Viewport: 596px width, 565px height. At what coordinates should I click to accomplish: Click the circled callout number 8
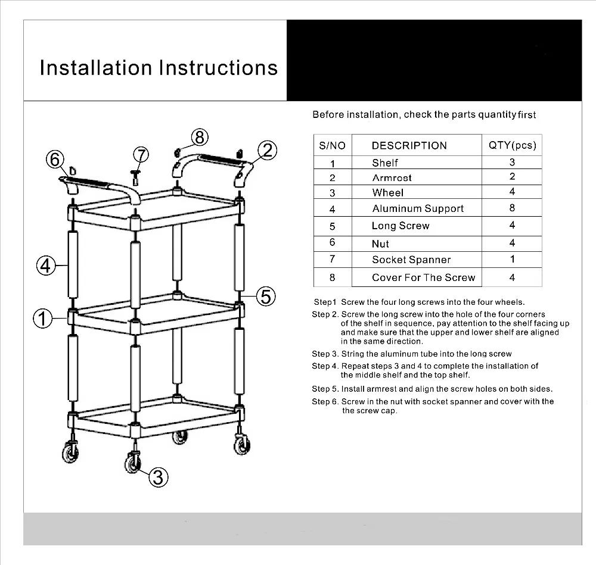tap(199, 138)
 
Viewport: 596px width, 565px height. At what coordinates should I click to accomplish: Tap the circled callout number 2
tap(268, 150)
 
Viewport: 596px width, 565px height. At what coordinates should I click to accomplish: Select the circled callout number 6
tap(55, 160)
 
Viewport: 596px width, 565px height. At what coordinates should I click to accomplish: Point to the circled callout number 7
tap(140, 155)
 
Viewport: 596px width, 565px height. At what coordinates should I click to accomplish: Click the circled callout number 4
tap(46, 266)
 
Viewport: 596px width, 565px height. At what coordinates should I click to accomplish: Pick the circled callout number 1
tap(42, 319)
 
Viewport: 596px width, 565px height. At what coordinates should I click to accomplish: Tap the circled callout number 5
tap(266, 295)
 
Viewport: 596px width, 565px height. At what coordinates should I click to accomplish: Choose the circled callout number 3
tap(157, 476)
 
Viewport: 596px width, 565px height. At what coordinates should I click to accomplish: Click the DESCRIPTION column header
tap(409, 145)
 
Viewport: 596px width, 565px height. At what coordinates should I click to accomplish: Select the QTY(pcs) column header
tap(512, 145)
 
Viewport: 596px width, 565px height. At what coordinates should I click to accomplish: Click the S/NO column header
tap(332, 145)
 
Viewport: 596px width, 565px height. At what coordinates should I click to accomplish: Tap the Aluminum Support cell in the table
tap(418, 208)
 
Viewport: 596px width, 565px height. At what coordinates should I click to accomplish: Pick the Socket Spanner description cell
tap(411, 260)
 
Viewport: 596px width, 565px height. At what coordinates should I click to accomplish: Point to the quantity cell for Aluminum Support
tap(512, 208)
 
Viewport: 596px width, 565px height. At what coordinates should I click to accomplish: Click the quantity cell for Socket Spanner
tap(512, 259)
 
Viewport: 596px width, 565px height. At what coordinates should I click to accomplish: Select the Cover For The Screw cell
tap(423, 277)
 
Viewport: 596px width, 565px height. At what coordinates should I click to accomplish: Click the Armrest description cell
tap(392, 177)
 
